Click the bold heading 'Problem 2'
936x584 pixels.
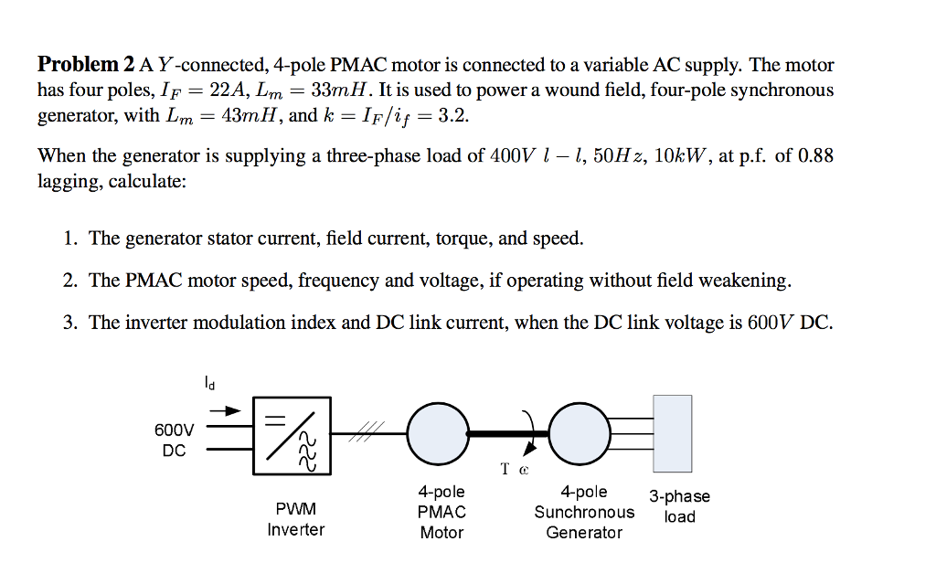[85, 65]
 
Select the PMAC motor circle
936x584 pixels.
[439, 434]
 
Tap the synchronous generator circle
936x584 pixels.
[580, 434]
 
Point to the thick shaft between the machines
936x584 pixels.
[509, 434]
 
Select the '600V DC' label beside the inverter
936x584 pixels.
[174, 440]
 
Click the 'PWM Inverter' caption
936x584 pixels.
[295, 519]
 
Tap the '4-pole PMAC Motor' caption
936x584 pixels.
[441, 513]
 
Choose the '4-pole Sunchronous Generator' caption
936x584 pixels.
[584, 513]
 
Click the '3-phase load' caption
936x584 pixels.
[679, 506]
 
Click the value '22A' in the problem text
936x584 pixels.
[229, 90]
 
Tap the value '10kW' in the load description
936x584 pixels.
[679, 156]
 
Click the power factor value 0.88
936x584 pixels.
[815, 156]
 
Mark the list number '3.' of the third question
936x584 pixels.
[70, 323]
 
